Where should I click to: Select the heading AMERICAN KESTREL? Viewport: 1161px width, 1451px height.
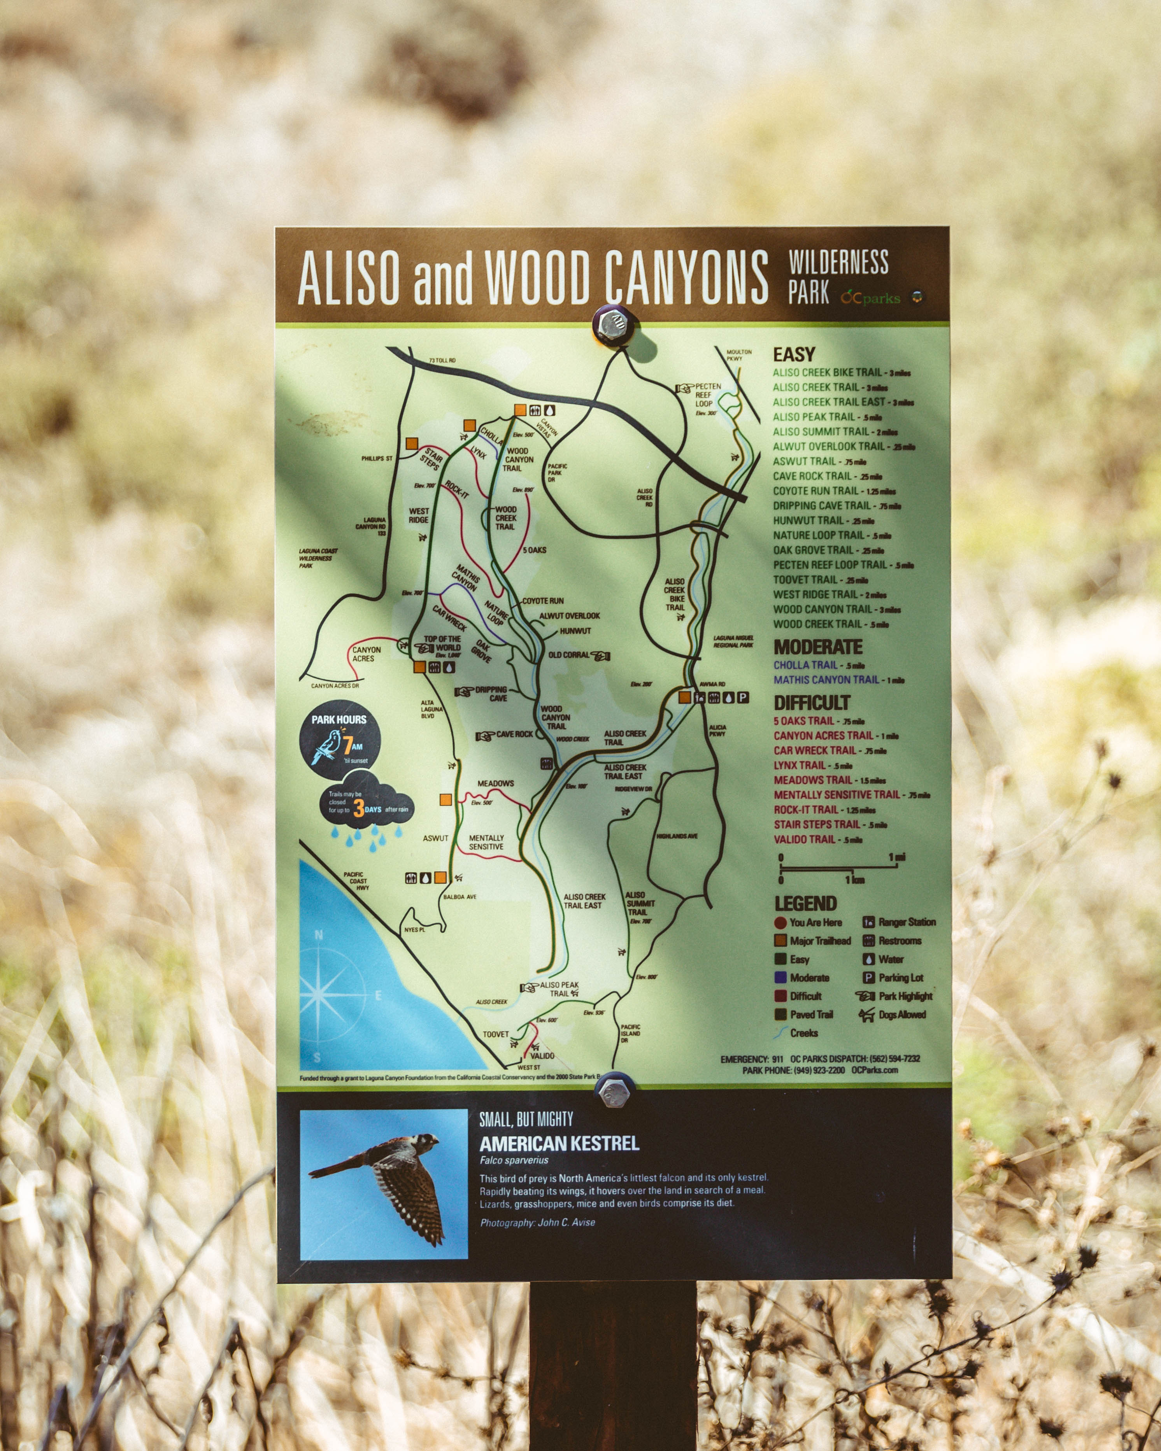tap(559, 1143)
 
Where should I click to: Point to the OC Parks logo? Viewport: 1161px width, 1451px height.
tap(870, 298)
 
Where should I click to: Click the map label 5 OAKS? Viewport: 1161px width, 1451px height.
tap(535, 550)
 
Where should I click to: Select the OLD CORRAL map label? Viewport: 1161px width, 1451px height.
tap(569, 655)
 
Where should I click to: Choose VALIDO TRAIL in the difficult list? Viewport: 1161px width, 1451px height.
tap(804, 839)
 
